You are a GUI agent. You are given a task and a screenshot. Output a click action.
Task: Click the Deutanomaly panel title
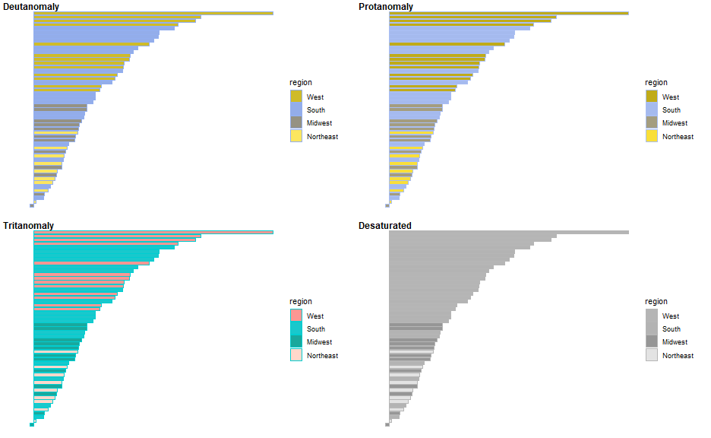[x=31, y=7]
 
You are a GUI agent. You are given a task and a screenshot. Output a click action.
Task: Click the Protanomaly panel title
[x=386, y=7]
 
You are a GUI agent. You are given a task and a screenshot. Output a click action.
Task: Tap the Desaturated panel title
[x=384, y=226]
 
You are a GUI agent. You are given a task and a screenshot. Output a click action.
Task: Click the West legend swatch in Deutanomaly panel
[x=296, y=97]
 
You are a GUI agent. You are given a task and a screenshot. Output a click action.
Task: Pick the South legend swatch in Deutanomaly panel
[x=296, y=109]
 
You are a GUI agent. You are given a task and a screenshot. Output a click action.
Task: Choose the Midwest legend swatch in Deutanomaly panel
[x=296, y=123]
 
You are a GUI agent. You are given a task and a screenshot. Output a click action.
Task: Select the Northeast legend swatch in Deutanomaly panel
[x=296, y=136]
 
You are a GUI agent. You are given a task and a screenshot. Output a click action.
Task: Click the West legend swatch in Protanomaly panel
[x=652, y=97]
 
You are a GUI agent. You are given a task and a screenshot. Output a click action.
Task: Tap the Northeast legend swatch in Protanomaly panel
[x=652, y=136]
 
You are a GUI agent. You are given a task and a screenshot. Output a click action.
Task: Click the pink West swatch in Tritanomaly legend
[x=296, y=316]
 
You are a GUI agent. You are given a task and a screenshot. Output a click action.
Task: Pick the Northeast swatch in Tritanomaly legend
[x=296, y=355]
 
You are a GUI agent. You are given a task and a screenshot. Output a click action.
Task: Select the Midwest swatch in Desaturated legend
[x=652, y=342]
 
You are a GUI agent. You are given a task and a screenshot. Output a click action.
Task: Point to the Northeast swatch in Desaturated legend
[x=652, y=355]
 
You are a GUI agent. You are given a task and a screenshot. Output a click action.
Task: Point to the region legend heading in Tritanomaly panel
[x=301, y=302]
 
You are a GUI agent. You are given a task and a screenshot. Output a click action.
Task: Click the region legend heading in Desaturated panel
[x=656, y=302]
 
